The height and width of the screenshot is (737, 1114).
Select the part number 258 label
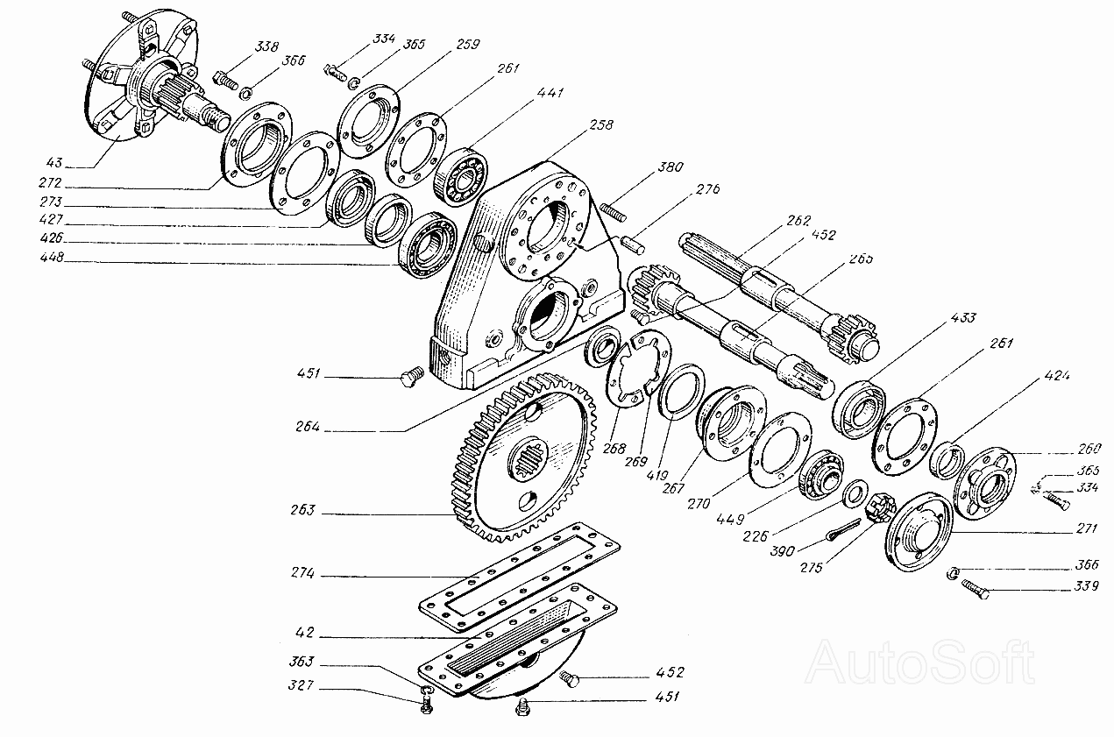[x=602, y=125]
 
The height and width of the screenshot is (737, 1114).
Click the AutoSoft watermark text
[x=920, y=663]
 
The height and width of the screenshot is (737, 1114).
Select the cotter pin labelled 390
[x=843, y=531]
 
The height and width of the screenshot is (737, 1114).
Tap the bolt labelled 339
[x=975, y=589]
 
